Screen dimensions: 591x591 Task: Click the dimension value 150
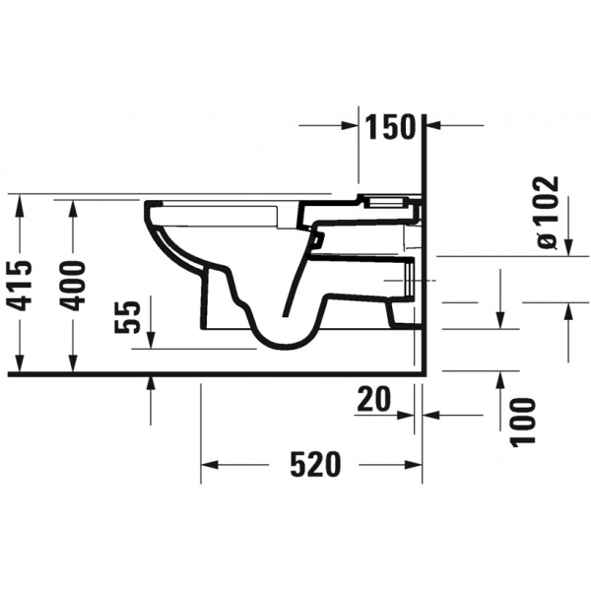coord(391,127)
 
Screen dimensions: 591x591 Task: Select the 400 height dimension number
coord(74,286)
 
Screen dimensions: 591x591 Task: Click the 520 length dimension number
coord(315,464)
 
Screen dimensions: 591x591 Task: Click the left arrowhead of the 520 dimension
coord(210,464)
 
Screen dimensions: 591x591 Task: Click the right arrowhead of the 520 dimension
coord(414,464)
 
